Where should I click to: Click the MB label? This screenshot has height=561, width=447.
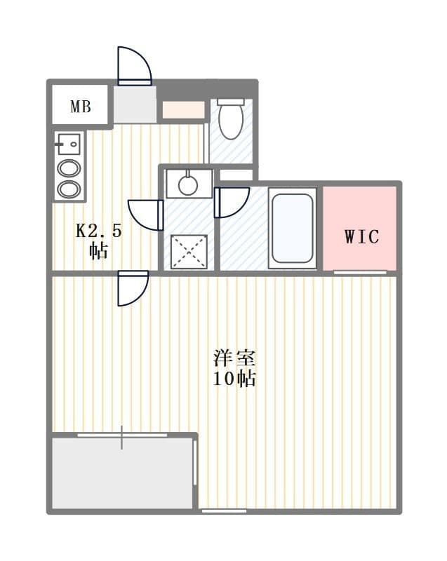pos(81,107)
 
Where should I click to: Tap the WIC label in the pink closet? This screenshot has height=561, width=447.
pos(361,236)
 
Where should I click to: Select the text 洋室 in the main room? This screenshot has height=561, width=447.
pos(234,358)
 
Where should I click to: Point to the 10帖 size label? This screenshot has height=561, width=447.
pos(234,379)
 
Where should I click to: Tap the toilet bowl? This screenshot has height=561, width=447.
pos(231,119)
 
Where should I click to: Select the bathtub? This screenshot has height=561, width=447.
pos(293,229)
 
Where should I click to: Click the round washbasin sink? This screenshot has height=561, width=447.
pos(188,185)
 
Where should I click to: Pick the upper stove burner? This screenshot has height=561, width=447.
pos(69,168)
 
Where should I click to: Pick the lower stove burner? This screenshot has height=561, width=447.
pos(69,189)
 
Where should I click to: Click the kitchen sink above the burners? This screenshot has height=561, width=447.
pos(69,144)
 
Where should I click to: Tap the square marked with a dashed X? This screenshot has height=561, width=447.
pos(189,252)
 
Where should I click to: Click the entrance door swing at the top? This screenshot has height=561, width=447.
pos(135,66)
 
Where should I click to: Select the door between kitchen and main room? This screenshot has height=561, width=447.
pos(133,288)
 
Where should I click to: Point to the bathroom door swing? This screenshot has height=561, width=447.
pos(232,203)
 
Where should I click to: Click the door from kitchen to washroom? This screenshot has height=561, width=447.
pos(146,215)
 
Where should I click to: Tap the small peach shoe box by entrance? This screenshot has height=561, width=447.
pos(184,109)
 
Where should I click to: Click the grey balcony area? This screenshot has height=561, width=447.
pos(122,473)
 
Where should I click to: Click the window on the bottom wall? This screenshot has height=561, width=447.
pos(224,511)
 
